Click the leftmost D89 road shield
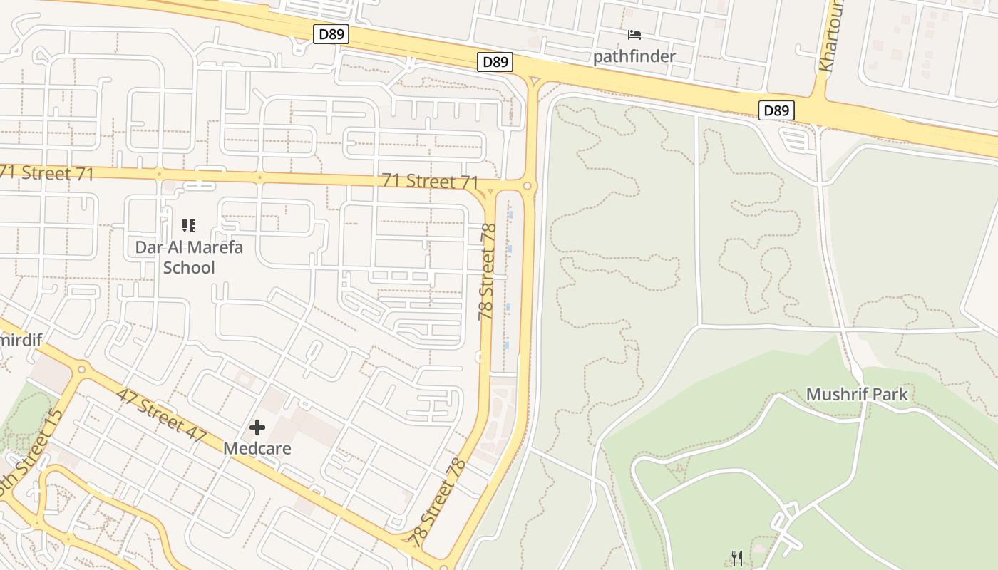pyautogui.click(x=331, y=34)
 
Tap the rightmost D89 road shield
pyautogui.click(x=776, y=110)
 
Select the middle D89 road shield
pyautogui.click(x=495, y=62)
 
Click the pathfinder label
pyautogui.click(x=634, y=56)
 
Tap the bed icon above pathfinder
pyautogui.click(x=634, y=34)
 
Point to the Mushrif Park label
pyautogui.click(x=857, y=394)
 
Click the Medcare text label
pyautogui.click(x=257, y=448)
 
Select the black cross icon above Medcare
pyautogui.click(x=257, y=427)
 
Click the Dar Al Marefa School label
pyautogui.click(x=189, y=257)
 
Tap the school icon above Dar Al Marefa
pyautogui.click(x=189, y=226)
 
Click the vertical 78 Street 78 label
pyautogui.click(x=488, y=272)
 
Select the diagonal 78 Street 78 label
pyautogui.click(x=439, y=502)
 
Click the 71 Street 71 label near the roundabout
pyautogui.click(x=430, y=181)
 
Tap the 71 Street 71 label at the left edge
pyautogui.click(x=47, y=173)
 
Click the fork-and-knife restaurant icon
pyautogui.click(x=737, y=559)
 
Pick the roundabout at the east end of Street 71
pyautogui.click(x=528, y=186)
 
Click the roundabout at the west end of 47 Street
pyautogui.click(x=81, y=369)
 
